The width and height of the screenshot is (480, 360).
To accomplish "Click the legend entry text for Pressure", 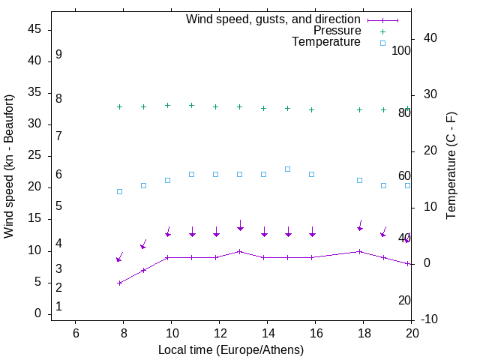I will (337, 31).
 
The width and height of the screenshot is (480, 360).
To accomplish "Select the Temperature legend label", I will (326, 42).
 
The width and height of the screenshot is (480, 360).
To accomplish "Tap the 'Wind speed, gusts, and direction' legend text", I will (273, 19).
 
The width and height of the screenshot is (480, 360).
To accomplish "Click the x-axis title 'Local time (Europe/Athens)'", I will (231, 349).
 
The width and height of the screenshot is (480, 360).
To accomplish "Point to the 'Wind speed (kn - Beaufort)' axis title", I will (9, 166).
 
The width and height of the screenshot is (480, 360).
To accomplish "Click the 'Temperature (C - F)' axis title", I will (451, 166).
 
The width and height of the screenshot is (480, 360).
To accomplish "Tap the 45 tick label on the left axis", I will (35, 29).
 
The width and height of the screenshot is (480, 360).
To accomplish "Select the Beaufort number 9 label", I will (58, 55).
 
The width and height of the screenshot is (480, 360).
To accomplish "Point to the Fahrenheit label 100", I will (401, 51).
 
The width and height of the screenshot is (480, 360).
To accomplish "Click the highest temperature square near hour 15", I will (288, 169).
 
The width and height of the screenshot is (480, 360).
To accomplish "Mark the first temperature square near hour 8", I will (119, 191).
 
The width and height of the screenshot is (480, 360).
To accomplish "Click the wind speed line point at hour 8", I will (119, 283).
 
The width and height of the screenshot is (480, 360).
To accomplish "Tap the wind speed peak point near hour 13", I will (240, 251).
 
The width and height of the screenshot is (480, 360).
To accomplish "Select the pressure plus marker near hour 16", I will (312, 109).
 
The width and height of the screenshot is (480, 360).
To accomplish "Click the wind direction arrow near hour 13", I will (240, 225).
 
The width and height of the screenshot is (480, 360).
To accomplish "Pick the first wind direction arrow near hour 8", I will (119, 257).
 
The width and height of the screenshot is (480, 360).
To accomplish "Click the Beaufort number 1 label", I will (58, 307).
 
